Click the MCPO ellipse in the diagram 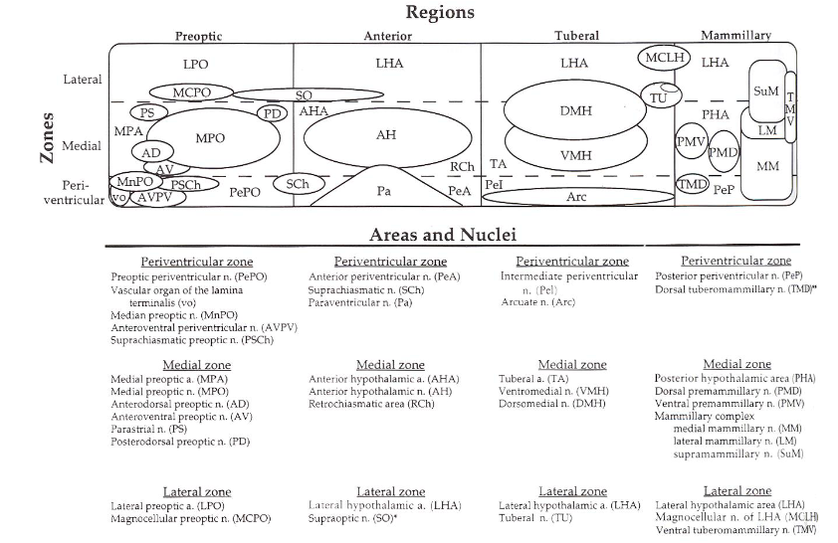[191, 92]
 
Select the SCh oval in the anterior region [297, 185]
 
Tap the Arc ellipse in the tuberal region [576, 197]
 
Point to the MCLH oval [664, 59]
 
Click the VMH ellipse [576, 155]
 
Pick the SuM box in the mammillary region [765, 91]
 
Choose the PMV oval [691, 143]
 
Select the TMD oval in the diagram [692, 185]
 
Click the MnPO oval [134, 182]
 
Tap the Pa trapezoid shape [384, 190]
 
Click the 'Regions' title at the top [440, 13]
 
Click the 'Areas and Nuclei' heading [442, 236]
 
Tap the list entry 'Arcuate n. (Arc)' [537, 301]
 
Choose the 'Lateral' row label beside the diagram [83, 79]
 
